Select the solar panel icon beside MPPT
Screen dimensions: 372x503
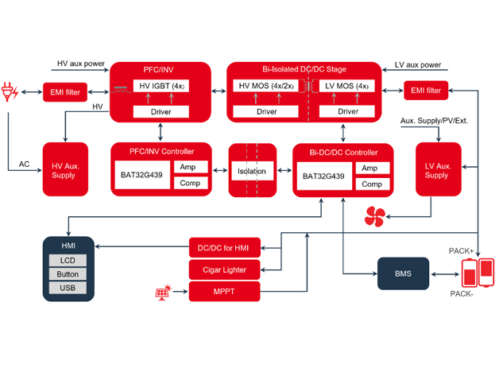pyautogui.click(x=163, y=293)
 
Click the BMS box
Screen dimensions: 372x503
pyautogui.click(x=403, y=273)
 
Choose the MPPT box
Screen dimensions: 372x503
pyautogui.click(x=223, y=292)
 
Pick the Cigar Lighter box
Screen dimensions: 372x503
pyautogui.click(x=223, y=270)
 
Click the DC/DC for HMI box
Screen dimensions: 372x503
pyautogui.click(x=223, y=248)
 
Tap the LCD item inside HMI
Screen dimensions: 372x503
pyautogui.click(x=68, y=261)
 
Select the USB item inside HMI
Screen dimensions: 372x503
pyautogui.click(x=68, y=287)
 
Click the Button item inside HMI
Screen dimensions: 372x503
pyautogui.click(x=68, y=273)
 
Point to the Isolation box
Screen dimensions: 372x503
pyautogui.click(x=252, y=171)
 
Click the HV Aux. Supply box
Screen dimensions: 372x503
pyautogui.click(x=65, y=170)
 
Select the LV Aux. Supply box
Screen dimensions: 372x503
pyautogui.click(x=438, y=170)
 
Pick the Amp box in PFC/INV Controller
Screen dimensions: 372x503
pyautogui.click(x=189, y=168)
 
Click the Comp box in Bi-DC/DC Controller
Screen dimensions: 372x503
pyautogui.click(x=371, y=184)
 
